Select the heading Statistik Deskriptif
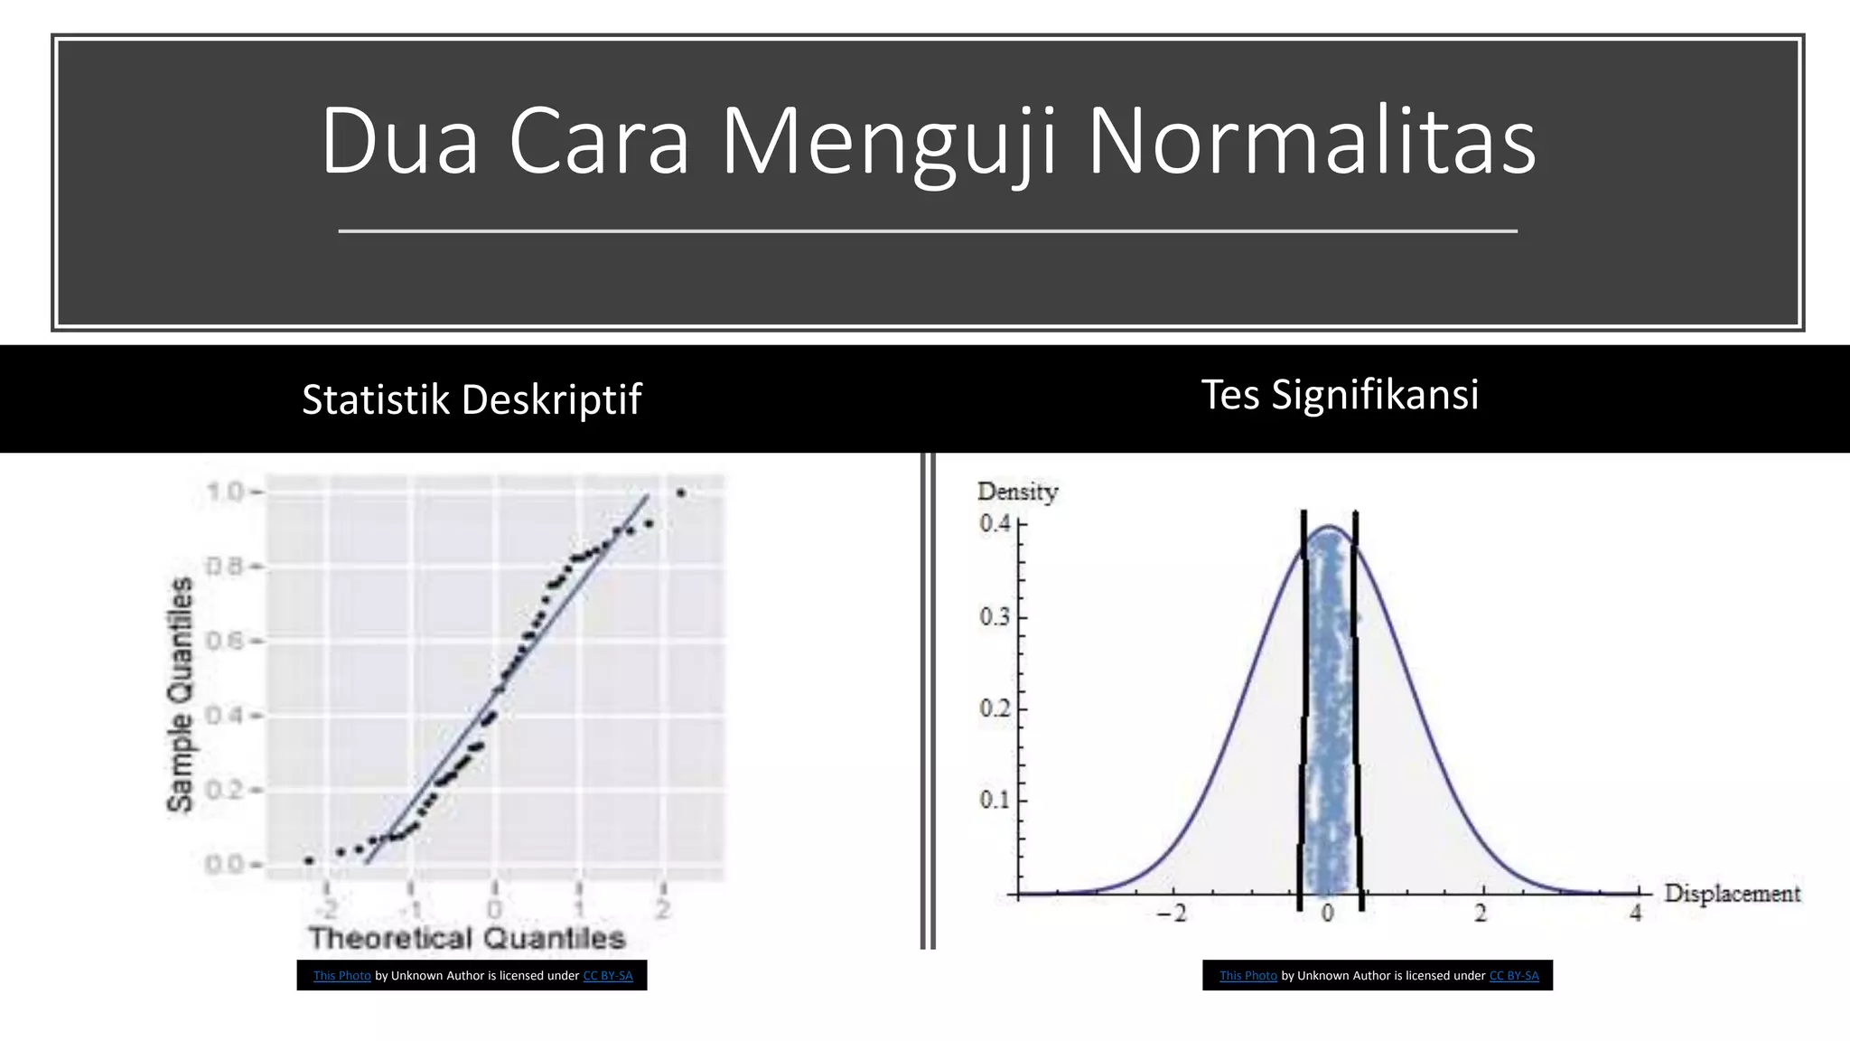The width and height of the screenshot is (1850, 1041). [x=471, y=399]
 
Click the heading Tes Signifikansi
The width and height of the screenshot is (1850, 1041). [x=1340, y=395]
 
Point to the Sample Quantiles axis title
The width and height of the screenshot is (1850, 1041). [x=181, y=694]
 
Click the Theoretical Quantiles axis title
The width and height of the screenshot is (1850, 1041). [x=467, y=938]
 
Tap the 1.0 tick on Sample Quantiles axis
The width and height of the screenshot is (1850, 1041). [x=224, y=492]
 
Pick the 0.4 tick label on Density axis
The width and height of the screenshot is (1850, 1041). [x=995, y=523]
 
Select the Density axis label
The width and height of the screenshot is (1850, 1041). [x=1017, y=492]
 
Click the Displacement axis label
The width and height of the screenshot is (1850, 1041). [x=1732, y=894]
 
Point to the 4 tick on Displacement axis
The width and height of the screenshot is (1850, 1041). [x=1635, y=914]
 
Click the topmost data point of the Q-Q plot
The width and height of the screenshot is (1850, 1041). [x=681, y=493]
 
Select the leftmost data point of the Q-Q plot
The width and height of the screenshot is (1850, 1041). [x=309, y=860]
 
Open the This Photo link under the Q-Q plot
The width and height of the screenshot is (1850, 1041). [x=341, y=976]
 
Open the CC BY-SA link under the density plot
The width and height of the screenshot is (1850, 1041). [x=1514, y=976]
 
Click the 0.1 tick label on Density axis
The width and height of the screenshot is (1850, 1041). [x=995, y=800]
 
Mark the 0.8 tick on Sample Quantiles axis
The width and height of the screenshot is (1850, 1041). [x=224, y=567]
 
